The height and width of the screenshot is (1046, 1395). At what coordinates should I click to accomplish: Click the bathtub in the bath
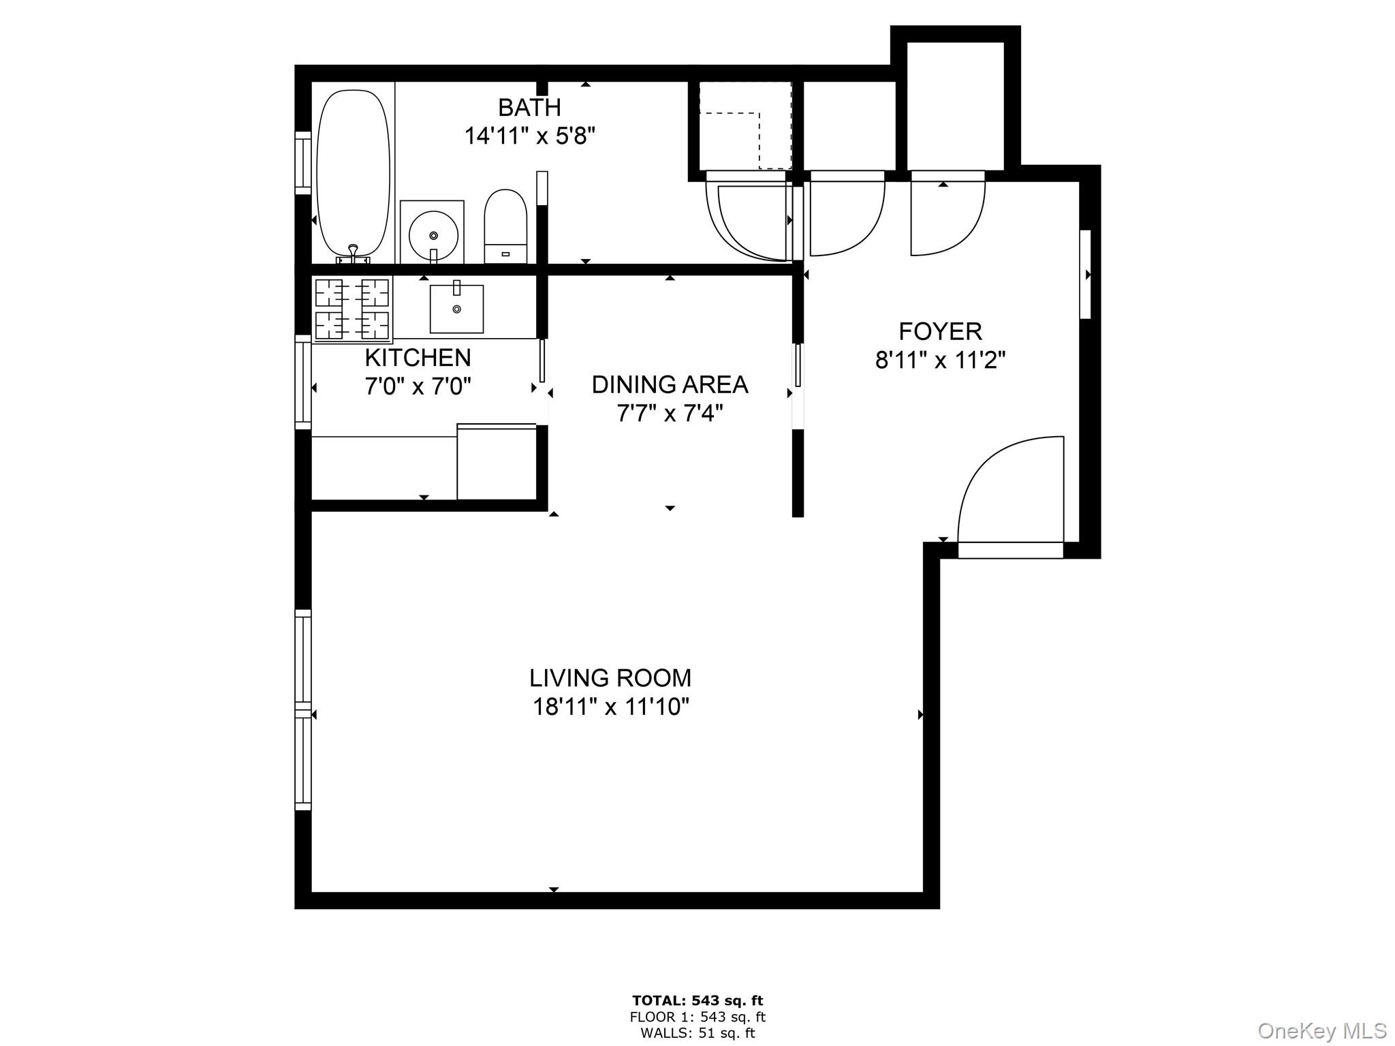click(x=354, y=173)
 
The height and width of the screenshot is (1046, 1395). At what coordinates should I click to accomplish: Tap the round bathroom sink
click(x=433, y=234)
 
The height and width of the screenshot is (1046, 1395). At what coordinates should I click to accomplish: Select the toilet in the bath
click(x=505, y=226)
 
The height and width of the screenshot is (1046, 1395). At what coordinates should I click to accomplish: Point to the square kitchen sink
click(x=456, y=309)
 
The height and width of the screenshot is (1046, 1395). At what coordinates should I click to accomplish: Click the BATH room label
click(x=529, y=108)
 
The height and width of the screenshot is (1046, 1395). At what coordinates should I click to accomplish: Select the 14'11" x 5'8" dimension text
click(x=529, y=136)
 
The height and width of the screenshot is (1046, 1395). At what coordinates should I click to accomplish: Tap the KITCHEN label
click(x=418, y=358)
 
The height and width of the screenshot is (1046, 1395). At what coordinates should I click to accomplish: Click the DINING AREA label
click(x=670, y=385)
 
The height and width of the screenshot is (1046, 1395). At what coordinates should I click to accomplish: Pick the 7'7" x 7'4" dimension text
click(x=670, y=414)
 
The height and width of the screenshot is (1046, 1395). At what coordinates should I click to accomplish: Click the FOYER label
click(x=940, y=332)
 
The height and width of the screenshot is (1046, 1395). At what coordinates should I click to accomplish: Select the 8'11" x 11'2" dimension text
click(x=940, y=360)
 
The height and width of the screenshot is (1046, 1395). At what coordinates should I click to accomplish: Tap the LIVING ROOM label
click(x=610, y=678)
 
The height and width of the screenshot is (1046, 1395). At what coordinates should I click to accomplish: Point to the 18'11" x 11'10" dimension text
click(x=610, y=707)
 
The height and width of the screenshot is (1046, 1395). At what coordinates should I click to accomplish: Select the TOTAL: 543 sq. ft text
click(x=697, y=1001)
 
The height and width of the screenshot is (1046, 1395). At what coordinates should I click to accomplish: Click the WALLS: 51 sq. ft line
click(x=697, y=1033)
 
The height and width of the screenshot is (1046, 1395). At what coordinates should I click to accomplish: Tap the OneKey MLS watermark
click(x=1321, y=1030)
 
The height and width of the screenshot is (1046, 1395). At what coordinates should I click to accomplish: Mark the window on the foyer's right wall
click(x=1086, y=275)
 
